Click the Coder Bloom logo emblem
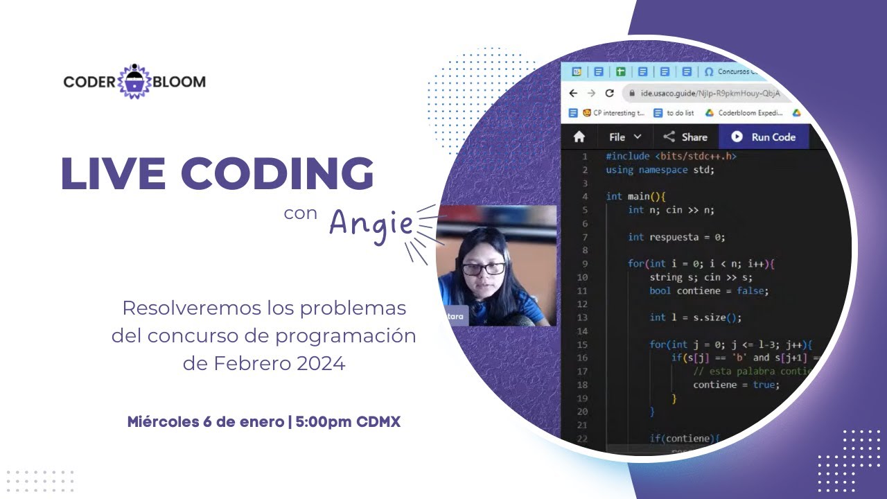click(134, 82)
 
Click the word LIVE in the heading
click(111, 173)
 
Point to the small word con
click(300, 213)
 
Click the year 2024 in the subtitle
click(320, 363)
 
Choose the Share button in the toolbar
click(685, 137)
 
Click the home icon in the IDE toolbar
click(579, 137)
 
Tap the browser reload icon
click(610, 93)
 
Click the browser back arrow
click(573, 93)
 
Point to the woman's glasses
click(482, 269)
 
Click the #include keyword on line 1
click(628, 157)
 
